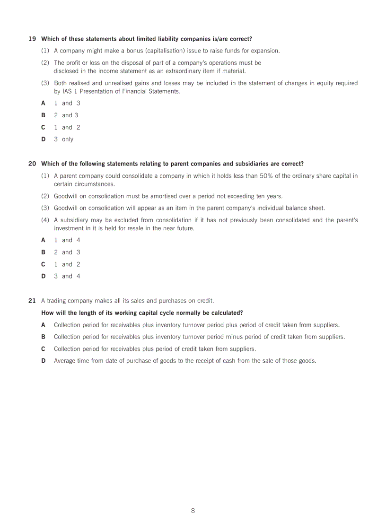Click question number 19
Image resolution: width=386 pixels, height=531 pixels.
pos(32,39)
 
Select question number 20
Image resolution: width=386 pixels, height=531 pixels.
pos(32,164)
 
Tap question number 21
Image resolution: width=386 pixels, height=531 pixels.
pos(32,301)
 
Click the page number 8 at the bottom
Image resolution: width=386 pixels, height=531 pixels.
pos(193,511)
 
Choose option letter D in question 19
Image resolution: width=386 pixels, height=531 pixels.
pos(44,139)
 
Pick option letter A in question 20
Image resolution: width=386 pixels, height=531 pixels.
pos(44,240)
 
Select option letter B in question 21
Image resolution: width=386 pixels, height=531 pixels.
pos(44,337)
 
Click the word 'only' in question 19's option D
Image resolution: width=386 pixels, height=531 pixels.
pos(68,139)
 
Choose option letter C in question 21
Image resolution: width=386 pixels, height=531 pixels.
pos(44,349)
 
